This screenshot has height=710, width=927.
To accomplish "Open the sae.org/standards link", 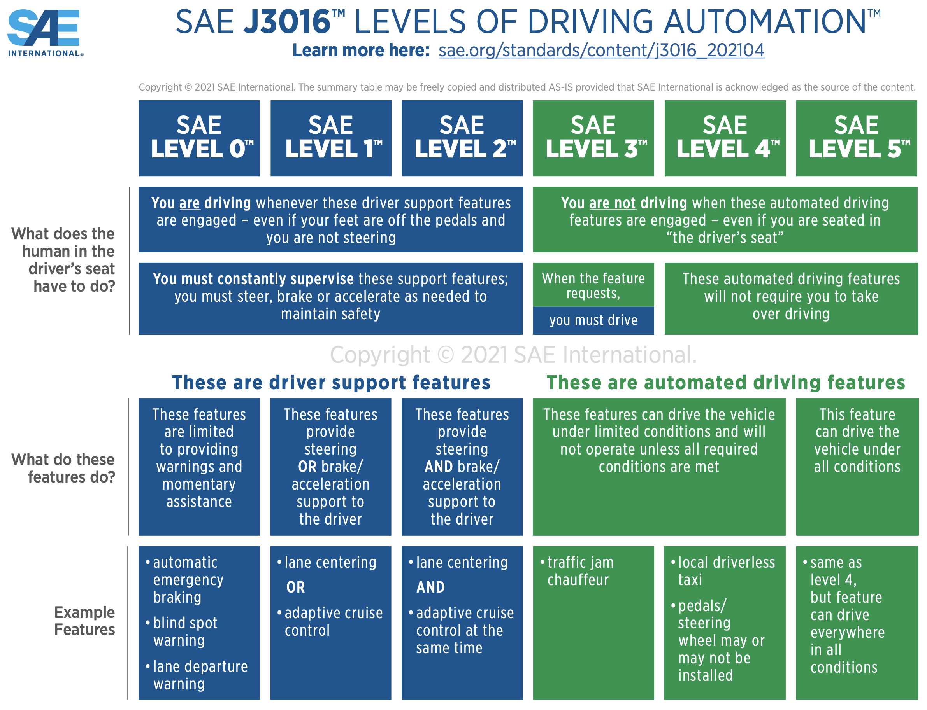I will (601, 50).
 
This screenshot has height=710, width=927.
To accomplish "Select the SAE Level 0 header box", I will (199, 138).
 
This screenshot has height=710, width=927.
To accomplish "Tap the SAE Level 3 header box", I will (593, 138).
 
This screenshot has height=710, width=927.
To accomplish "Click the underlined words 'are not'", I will (613, 203).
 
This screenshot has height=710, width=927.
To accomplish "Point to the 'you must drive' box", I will (593, 320).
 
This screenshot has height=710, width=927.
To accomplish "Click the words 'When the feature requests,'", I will (593, 286).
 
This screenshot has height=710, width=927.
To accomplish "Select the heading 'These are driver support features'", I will (331, 383).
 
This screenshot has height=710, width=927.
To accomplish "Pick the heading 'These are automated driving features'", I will (725, 383).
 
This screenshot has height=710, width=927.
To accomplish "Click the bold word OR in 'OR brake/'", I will (307, 467).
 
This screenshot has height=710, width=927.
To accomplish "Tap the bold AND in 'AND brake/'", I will (439, 467).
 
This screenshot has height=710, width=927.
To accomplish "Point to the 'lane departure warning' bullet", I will (200, 675).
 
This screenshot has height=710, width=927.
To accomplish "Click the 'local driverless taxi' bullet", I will (726, 571).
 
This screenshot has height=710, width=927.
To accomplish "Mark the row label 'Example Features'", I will (84, 621).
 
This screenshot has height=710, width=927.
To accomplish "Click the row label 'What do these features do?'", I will (63, 468).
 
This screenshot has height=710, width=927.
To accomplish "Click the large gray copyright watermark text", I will (513, 355).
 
